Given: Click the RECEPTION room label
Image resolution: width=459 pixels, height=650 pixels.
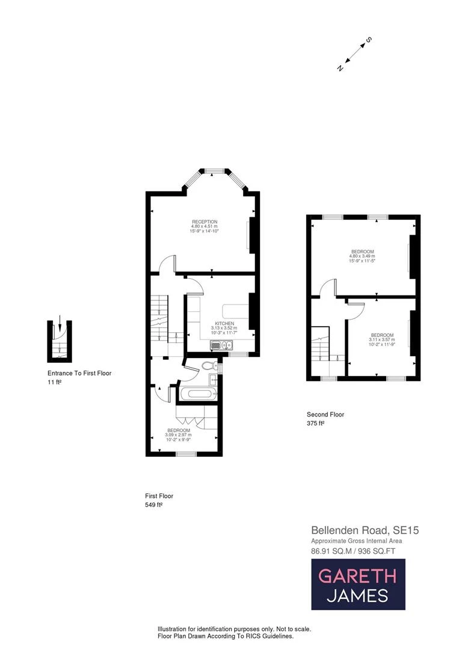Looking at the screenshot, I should pyautogui.click(x=201, y=221).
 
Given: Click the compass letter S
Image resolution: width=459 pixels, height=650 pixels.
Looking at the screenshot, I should pyautogui.click(x=369, y=40).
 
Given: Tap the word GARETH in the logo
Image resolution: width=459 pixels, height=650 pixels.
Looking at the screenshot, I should pyautogui.click(x=357, y=576).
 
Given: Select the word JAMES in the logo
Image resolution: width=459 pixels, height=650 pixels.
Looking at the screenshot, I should pyautogui.click(x=357, y=596).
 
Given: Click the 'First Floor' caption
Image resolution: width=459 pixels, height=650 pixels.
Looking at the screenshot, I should pyautogui.click(x=159, y=496).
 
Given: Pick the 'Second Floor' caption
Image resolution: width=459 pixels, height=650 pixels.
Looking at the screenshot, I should pyautogui.click(x=325, y=414).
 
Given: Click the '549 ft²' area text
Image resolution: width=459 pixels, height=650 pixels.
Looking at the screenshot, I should pyautogui.click(x=153, y=505).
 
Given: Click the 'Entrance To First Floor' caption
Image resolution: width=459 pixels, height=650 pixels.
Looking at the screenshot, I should pyautogui.click(x=79, y=373).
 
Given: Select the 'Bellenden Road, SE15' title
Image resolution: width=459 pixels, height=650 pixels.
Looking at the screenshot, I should pyautogui.click(x=365, y=530).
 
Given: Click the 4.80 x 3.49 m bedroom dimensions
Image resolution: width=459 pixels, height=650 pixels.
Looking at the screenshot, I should pyautogui.click(x=362, y=256).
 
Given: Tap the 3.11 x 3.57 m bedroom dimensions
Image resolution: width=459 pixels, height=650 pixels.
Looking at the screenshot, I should pyautogui.click(x=382, y=340).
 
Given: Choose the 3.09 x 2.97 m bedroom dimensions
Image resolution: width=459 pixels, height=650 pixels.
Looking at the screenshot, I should pyautogui.click(x=179, y=435).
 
